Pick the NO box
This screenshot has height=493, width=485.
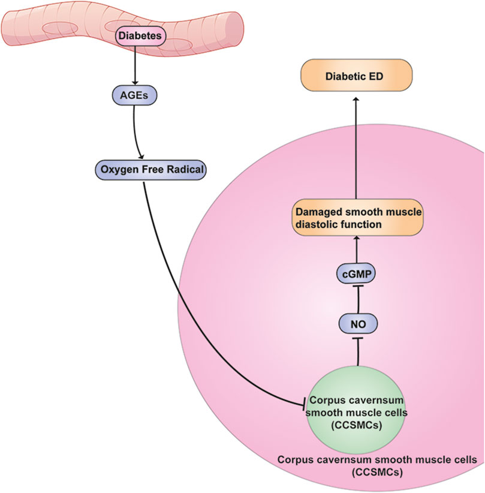[x=357, y=324]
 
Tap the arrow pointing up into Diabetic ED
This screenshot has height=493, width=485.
[x=355, y=150]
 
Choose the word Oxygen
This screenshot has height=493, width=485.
[x=115, y=170]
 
